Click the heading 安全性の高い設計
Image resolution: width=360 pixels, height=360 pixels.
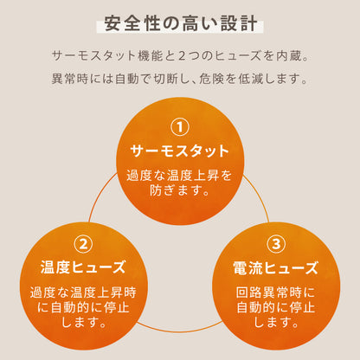180,23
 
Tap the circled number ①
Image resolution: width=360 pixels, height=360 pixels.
180,127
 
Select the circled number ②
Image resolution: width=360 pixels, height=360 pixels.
83,244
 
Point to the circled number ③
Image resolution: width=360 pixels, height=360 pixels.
276,244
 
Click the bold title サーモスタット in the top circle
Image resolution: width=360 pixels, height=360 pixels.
180,151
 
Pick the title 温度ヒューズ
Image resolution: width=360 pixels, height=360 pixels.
83,267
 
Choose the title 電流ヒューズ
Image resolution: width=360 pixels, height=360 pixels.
276,267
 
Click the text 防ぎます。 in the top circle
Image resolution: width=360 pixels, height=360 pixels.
179,190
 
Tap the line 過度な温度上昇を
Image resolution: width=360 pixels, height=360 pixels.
179,176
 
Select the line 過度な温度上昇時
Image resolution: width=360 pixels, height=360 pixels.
83,292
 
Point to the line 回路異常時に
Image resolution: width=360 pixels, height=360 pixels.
275,292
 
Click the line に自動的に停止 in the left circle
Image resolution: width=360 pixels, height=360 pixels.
83,307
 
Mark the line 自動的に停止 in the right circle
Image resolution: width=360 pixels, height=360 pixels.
275,307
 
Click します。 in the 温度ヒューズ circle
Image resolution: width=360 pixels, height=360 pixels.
84,322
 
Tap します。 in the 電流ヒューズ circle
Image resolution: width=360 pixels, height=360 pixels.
276,322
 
